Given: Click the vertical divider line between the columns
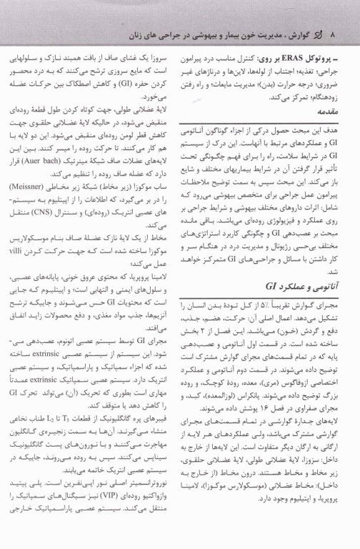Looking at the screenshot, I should coord(179,286).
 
